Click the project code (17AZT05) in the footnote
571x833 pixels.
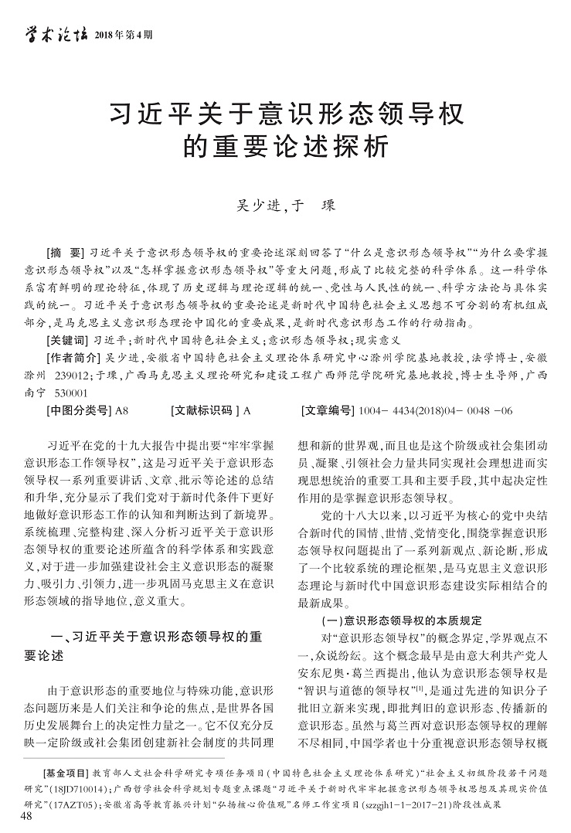tap(73, 804)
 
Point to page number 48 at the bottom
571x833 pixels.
tap(27, 817)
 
